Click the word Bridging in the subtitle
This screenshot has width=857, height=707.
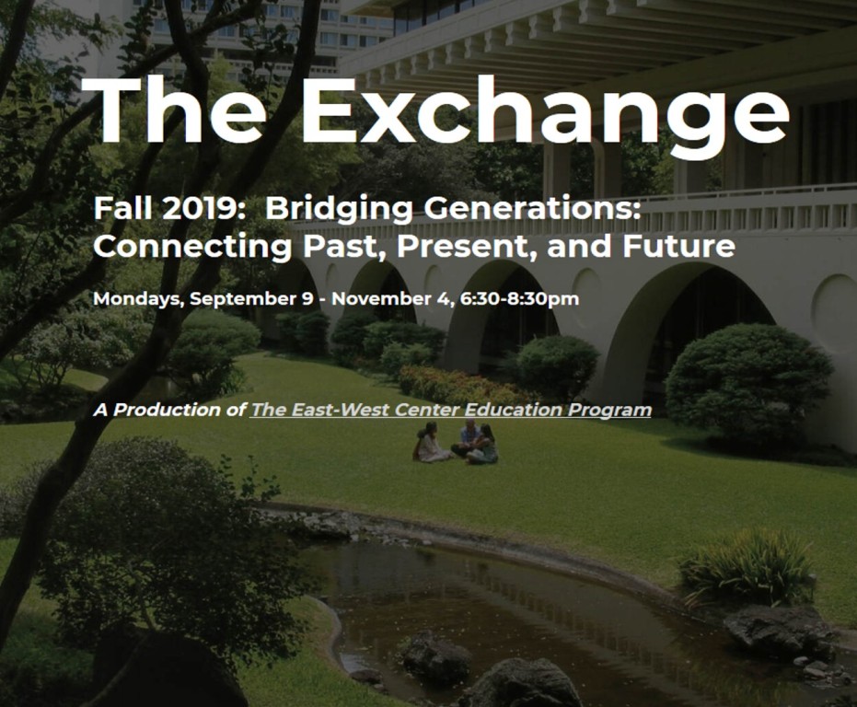click(339, 211)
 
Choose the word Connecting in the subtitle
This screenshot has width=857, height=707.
click(192, 247)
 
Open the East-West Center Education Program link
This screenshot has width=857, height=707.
click(451, 410)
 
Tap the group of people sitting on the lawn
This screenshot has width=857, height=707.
click(457, 443)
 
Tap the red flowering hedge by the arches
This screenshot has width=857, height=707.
click(459, 385)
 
